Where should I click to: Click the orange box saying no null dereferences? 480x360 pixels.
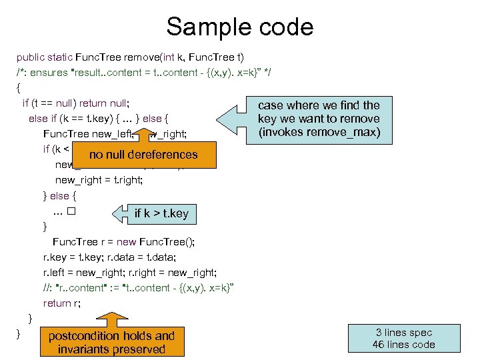(143, 155)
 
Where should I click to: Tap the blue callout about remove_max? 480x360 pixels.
(319, 119)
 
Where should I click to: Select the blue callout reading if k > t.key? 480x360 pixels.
(161, 213)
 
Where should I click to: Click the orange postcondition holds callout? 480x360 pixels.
(111, 342)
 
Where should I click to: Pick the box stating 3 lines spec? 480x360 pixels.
(405, 338)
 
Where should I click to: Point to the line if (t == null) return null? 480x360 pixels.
(75, 103)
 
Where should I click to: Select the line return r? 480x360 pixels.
(62, 303)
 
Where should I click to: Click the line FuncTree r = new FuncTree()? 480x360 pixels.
(123, 241)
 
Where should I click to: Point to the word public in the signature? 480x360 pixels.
(30, 57)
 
